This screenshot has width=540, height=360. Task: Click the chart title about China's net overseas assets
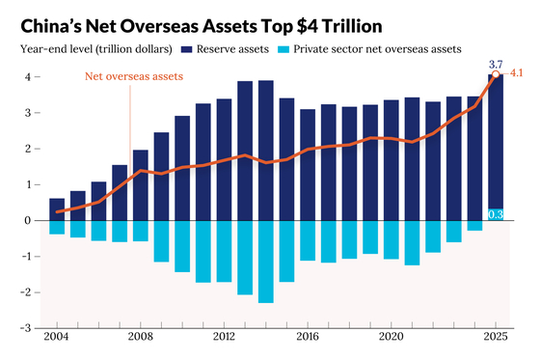(x=202, y=26)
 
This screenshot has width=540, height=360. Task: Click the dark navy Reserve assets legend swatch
(x=186, y=49)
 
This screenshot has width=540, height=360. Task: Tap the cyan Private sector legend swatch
(x=283, y=49)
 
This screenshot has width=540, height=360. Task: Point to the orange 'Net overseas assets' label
(x=134, y=76)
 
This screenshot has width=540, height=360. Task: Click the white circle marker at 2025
(x=496, y=74)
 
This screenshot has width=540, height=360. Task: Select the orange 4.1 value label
(x=516, y=73)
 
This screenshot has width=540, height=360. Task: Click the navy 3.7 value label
(x=496, y=64)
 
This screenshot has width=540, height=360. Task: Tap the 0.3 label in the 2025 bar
(x=496, y=214)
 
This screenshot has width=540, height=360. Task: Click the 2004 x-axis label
(x=56, y=337)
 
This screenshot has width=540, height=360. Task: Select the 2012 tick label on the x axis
(x=224, y=337)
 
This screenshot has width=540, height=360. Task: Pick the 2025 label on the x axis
(x=496, y=337)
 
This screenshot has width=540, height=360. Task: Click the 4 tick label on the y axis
(x=28, y=77)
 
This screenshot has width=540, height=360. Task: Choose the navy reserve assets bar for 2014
(x=266, y=151)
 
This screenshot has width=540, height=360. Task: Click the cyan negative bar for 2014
(x=266, y=262)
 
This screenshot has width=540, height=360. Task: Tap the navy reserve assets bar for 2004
(x=57, y=209)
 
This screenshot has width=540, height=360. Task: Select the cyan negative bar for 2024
(x=474, y=226)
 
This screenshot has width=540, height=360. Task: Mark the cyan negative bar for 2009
(x=161, y=241)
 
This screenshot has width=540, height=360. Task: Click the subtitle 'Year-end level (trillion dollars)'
(x=96, y=49)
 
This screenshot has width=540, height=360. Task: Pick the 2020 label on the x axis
(x=391, y=337)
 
